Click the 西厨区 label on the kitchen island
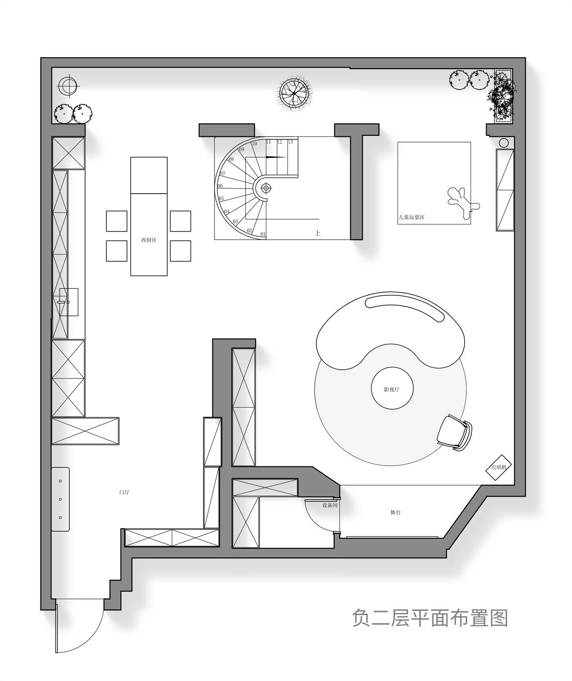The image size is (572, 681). click(149, 241)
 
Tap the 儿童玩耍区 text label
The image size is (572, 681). click(411, 217)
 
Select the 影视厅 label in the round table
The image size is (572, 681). click(392, 389)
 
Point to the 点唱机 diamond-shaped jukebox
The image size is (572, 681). click(498, 468)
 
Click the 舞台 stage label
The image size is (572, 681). click(395, 512)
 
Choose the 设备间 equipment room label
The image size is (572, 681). click(329, 505)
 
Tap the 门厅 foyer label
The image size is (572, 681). click(124, 492)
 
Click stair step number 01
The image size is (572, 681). click(263, 234)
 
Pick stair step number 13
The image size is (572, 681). click(290, 142)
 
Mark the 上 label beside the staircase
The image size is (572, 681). click(317, 233)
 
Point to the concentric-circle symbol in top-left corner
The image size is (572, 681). click(67, 86)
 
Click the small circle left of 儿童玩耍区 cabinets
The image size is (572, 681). click(503, 142)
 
